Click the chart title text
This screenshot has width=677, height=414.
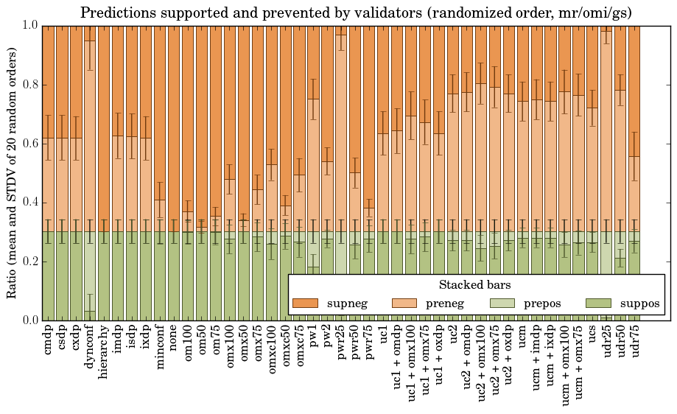(x=356, y=13)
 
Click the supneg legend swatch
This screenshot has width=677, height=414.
(x=305, y=303)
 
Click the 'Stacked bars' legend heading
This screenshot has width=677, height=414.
(x=475, y=284)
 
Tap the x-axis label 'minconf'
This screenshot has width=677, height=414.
(x=160, y=345)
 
